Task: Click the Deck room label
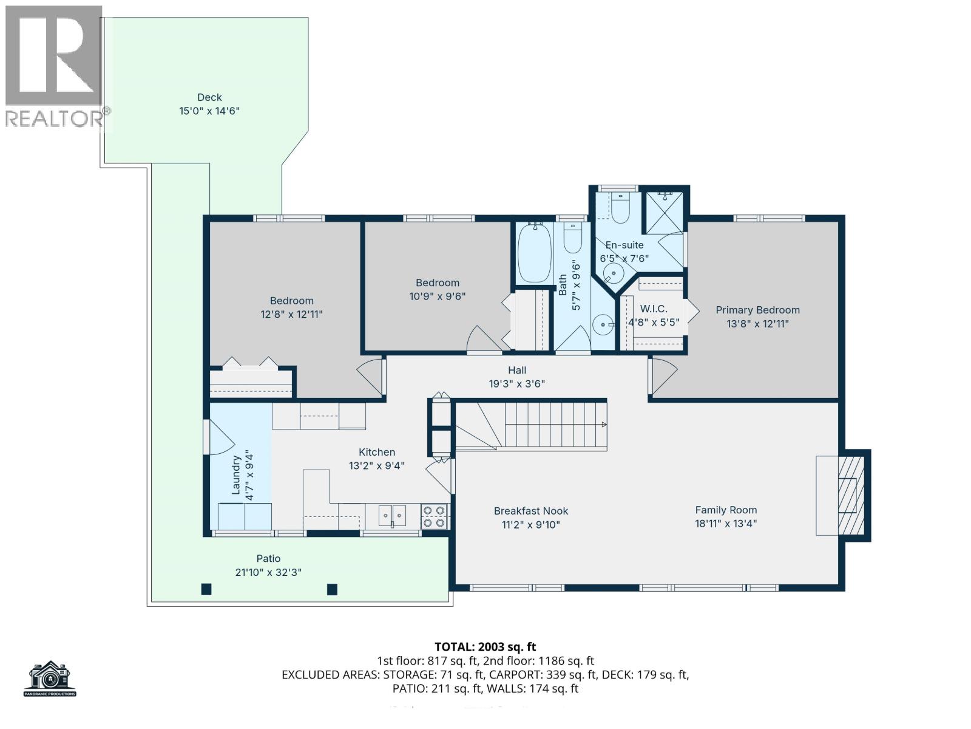[x=209, y=97]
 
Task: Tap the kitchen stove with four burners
[x=435, y=517]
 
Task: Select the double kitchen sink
[x=393, y=515]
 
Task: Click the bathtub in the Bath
[x=534, y=253]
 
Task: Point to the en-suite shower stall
[x=664, y=212]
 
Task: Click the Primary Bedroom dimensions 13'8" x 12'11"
[x=757, y=324]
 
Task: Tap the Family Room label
[x=726, y=510]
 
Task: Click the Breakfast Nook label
[x=531, y=511]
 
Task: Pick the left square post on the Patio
[x=206, y=589]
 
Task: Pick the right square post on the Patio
[x=332, y=589]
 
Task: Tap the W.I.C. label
[x=654, y=309]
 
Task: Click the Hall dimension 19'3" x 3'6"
[x=517, y=384]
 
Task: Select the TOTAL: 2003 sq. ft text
[x=485, y=647]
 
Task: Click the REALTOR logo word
[x=55, y=118]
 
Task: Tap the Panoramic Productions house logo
[x=50, y=678]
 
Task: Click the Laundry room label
[x=236, y=475]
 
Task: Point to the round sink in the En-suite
[x=614, y=274]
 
